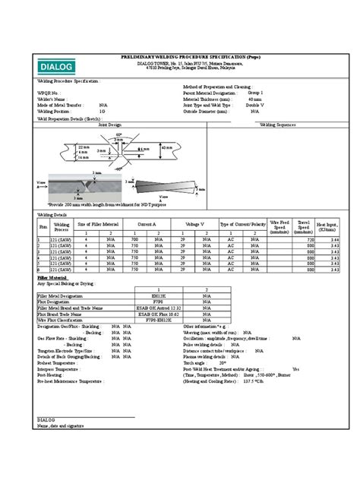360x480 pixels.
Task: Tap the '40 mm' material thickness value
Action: point(259,99)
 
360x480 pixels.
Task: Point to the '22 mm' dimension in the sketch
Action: point(62,146)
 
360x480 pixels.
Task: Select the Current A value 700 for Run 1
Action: point(134,239)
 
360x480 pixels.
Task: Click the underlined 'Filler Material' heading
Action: point(52,278)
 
